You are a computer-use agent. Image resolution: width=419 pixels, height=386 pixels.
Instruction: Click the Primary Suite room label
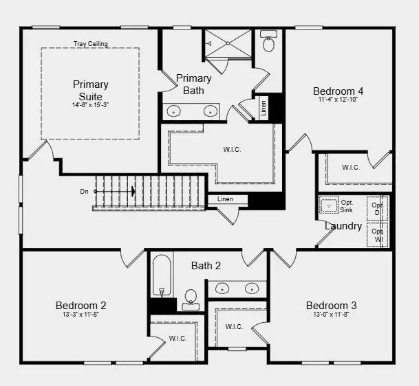(x=91, y=90)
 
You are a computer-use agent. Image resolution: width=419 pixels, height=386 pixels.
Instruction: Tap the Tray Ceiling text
(x=91, y=45)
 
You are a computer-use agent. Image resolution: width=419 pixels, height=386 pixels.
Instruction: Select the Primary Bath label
(x=193, y=84)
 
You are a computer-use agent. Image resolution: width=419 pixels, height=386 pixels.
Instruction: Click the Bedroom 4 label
(x=338, y=91)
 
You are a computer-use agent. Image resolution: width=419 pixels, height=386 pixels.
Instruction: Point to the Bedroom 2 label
(x=80, y=305)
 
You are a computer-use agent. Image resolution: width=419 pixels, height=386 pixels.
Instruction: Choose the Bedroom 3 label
(x=331, y=305)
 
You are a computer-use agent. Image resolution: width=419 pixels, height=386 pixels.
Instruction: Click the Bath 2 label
(x=206, y=265)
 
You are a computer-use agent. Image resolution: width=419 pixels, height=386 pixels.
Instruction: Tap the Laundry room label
(x=343, y=226)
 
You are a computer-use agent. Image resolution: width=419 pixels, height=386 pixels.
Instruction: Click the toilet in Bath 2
(x=191, y=298)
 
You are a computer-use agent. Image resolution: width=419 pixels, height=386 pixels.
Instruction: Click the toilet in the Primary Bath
(x=269, y=43)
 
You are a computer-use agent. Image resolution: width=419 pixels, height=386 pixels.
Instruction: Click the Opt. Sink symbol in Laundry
(x=329, y=205)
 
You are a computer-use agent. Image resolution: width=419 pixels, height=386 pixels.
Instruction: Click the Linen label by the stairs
(x=225, y=199)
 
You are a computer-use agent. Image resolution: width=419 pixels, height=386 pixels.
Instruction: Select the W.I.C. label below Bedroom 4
(x=351, y=167)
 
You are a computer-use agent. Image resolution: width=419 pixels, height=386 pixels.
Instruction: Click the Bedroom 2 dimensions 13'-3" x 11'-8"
(x=80, y=315)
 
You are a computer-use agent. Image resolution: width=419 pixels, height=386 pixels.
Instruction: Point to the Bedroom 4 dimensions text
(x=338, y=100)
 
